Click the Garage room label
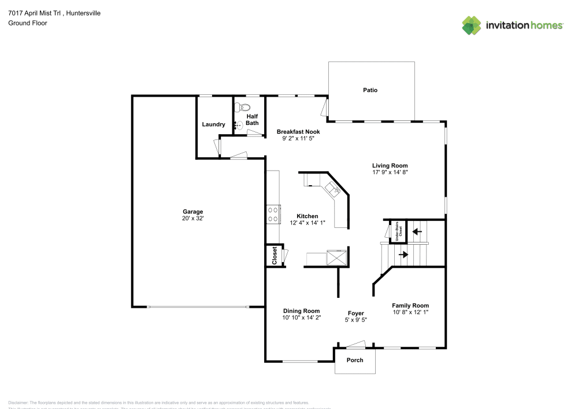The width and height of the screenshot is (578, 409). [193, 212]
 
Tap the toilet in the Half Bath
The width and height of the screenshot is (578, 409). [243, 108]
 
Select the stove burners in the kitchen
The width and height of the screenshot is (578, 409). [273, 214]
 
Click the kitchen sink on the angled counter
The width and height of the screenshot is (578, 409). [333, 188]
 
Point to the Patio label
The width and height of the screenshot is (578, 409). [370, 90]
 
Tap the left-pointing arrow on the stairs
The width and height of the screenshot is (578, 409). [416, 231]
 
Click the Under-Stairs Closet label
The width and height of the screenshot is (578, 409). [397, 230]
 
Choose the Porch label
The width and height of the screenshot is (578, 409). [355, 360]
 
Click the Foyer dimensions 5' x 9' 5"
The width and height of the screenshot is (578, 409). [355, 320]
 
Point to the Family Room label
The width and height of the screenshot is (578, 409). [410, 305]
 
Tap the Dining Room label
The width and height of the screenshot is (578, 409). [301, 311]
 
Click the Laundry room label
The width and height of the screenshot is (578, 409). [213, 124]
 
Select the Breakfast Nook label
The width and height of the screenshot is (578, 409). [298, 132]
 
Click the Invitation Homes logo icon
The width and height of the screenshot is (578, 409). [472, 25]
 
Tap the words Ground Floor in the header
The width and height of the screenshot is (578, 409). [28, 23]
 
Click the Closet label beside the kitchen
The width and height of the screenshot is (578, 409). [275, 256]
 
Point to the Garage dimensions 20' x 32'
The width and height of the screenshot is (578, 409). [193, 219]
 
